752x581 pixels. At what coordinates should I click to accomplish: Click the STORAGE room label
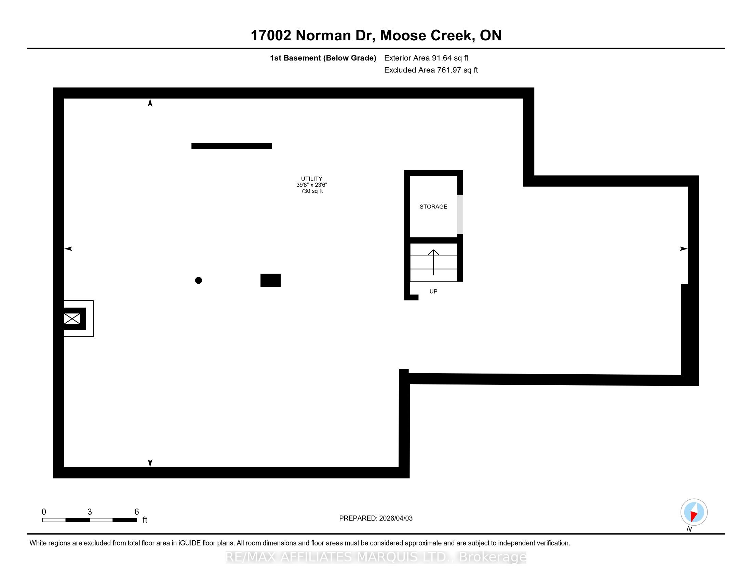coord(433,206)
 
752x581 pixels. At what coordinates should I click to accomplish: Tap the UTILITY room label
coord(312,179)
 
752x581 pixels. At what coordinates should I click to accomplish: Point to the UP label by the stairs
coord(433,292)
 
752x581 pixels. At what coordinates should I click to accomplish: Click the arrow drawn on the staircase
coord(433,262)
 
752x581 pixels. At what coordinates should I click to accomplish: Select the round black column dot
coord(198,281)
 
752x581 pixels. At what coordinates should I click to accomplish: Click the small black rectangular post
coord(270,280)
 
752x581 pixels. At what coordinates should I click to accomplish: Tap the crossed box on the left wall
coord(72,319)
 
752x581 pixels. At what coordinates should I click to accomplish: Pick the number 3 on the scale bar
coord(90,512)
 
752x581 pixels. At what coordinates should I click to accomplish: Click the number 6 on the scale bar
coord(137,512)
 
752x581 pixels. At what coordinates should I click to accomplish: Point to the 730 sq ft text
coord(312,191)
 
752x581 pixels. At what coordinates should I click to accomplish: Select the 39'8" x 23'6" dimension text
coord(312,185)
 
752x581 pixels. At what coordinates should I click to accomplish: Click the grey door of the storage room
coord(460,214)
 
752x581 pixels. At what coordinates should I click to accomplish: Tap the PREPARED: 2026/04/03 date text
coord(376,518)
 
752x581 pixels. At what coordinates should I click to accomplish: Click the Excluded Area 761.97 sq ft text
coord(431,70)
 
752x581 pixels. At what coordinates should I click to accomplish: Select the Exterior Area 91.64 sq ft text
coord(426,58)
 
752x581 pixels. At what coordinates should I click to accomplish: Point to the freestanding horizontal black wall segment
coord(231,146)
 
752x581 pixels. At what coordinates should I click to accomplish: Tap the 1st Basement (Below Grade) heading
coord(323,58)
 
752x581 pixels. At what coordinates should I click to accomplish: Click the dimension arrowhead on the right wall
coord(683,249)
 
